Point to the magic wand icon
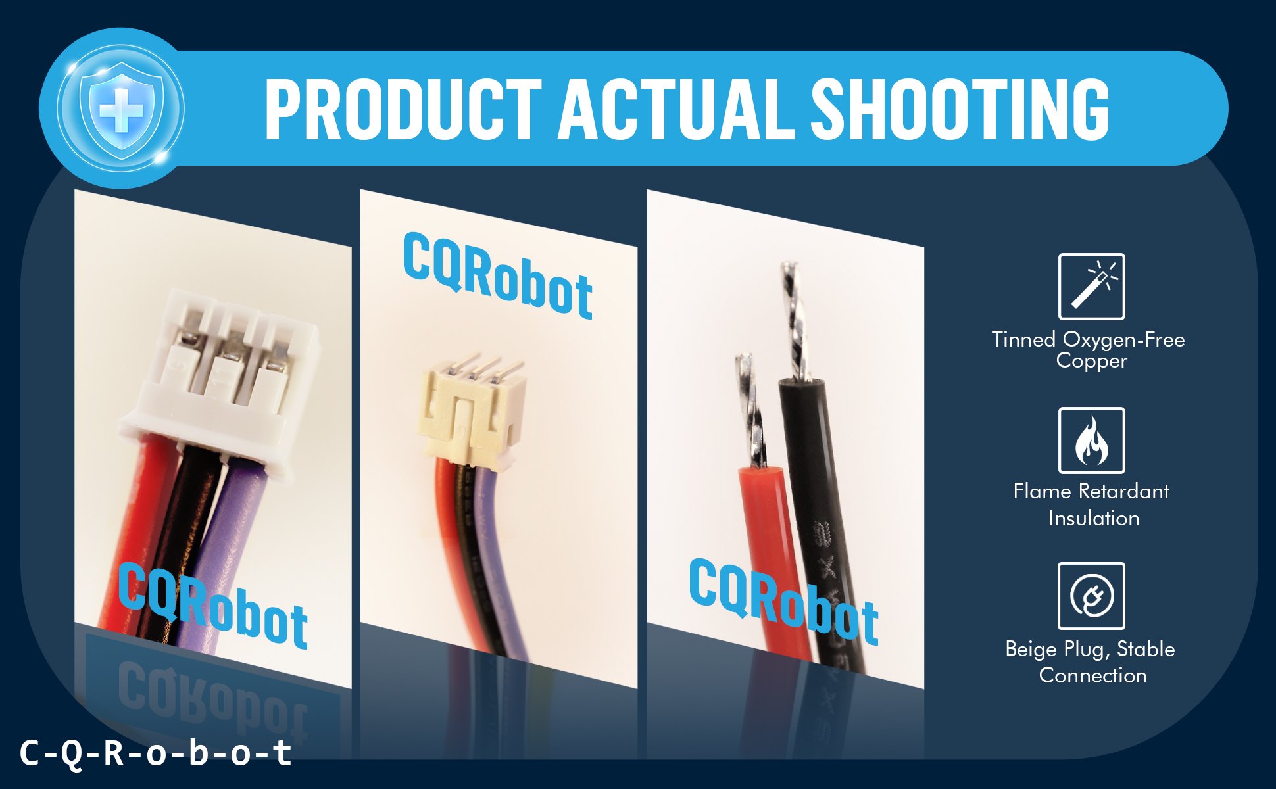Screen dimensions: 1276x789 [1092, 287]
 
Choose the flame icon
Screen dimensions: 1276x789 [1092, 441]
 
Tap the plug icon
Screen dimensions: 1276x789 [1092, 596]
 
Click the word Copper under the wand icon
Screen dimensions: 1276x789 [1092, 361]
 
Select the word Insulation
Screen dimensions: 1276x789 [1094, 518]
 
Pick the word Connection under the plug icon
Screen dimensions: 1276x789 [1093, 675]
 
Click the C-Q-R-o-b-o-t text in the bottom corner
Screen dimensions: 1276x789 [156, 753]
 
